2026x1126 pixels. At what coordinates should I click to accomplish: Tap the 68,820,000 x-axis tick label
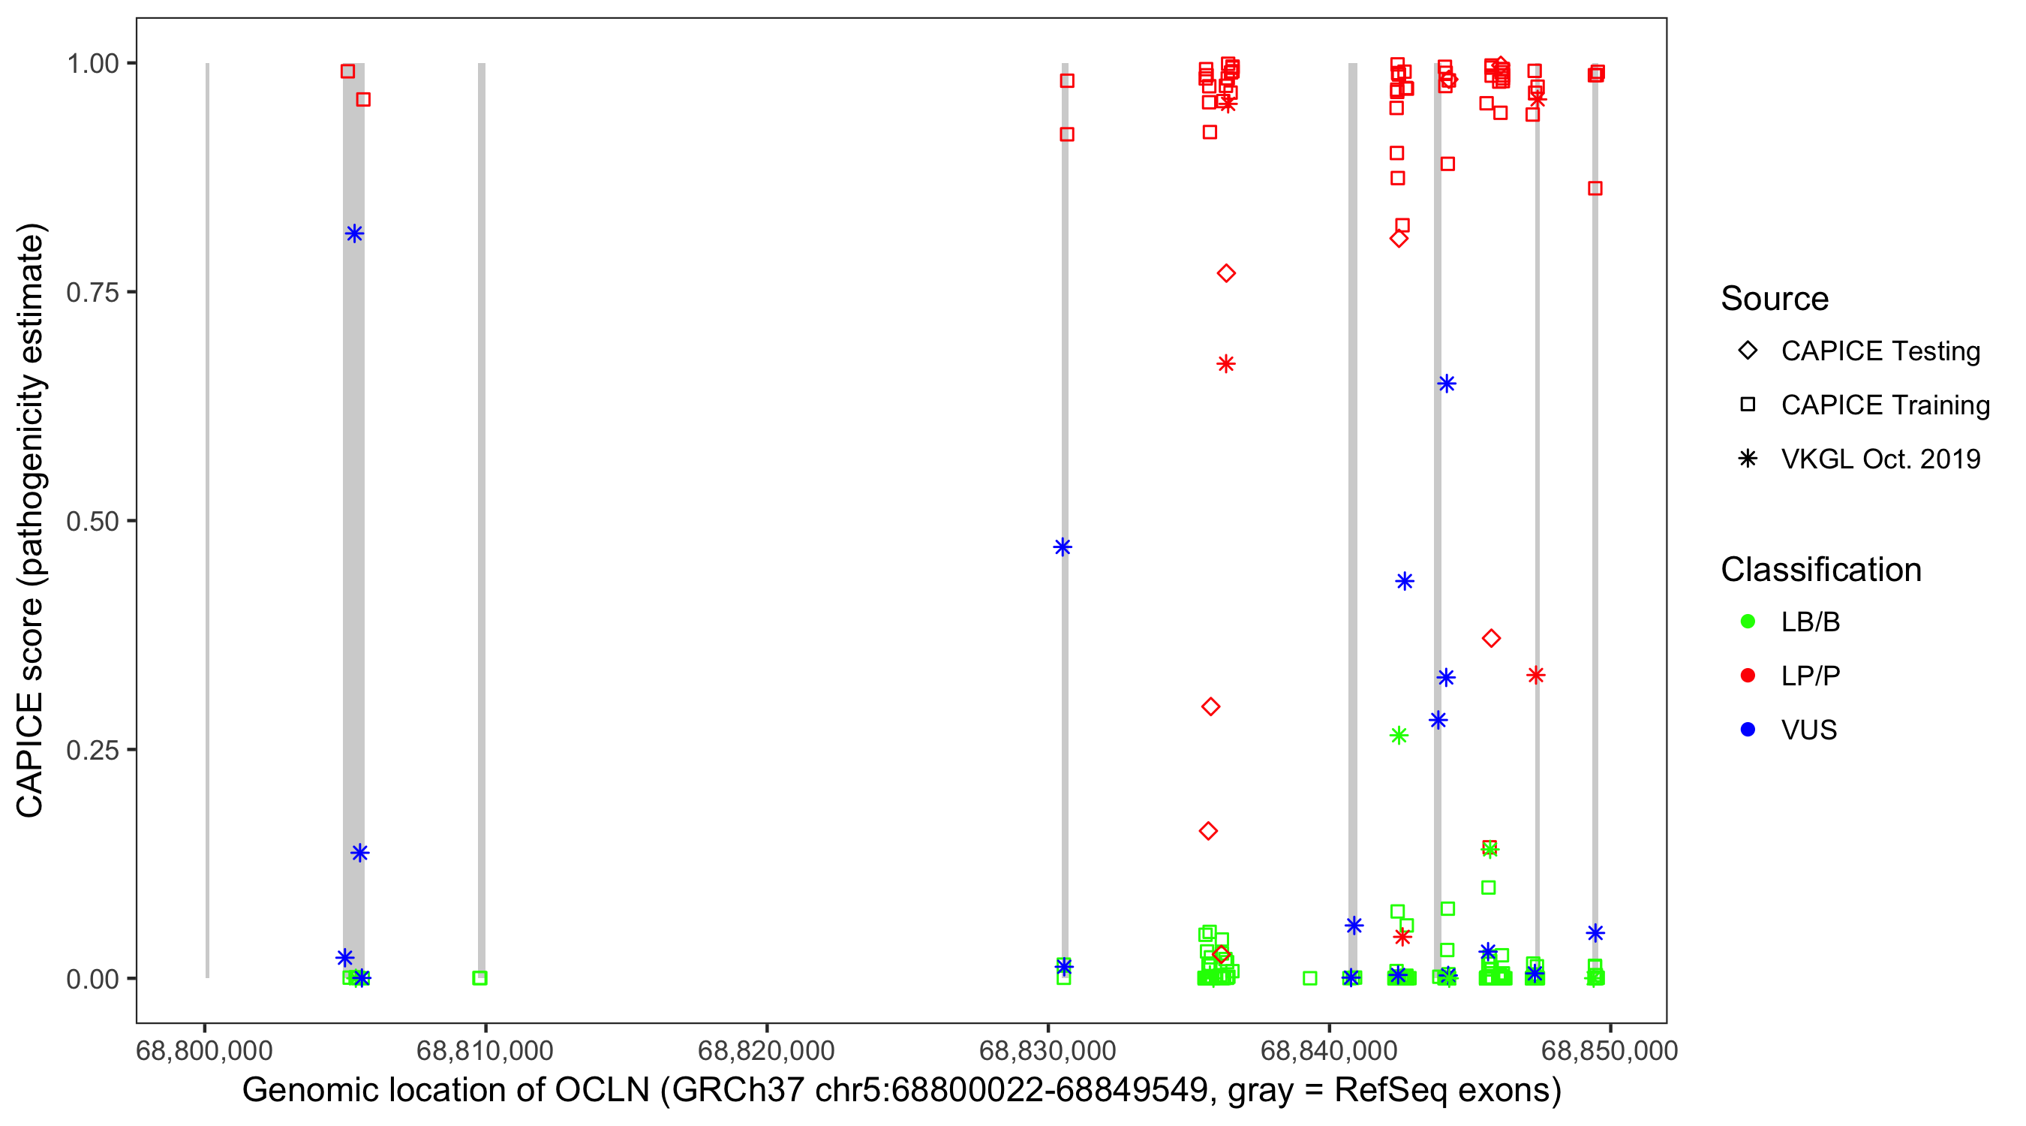pos(766,1050)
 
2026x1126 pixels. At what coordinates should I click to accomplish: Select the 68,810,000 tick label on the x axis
pos(485,1050)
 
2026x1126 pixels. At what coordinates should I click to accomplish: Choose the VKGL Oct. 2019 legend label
pos(1880,459)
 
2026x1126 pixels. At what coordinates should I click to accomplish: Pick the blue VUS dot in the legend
pos(1748,730)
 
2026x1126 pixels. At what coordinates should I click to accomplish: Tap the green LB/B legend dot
pos(1748,622)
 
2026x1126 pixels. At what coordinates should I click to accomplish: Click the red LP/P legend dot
pos(1748,676)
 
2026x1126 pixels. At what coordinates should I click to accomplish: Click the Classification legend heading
pos(1820,570)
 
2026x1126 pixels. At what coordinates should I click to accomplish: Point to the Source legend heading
pos(1775,299)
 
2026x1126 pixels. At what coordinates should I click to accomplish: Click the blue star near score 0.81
pos(354,233)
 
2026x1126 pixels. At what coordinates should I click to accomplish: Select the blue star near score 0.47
pos(1063,548)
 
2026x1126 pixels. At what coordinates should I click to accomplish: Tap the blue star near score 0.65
pos(1447,384)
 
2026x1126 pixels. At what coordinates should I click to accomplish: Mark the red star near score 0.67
pos(1226,364)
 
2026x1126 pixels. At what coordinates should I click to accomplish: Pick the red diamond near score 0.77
pos(1226,274)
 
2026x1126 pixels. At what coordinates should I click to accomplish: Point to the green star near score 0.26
pos(1399,736)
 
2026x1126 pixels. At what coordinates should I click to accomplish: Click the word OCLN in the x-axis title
pos(603,1091)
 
